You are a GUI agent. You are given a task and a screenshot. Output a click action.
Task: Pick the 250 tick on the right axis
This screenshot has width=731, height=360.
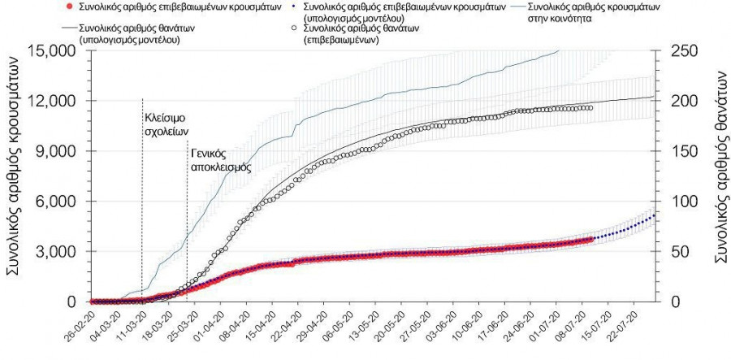(x=681, y=51)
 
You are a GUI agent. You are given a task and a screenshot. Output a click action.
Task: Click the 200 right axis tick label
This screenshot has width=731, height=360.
(x=681, y=102)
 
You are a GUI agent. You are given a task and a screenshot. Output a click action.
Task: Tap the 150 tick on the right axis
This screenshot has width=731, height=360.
(x=681, y=152)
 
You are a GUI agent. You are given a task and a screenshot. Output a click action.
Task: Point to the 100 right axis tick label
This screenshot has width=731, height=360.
(x=681, y=202)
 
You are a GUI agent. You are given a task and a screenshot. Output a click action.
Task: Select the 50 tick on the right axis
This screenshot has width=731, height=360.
(x=677, y=252)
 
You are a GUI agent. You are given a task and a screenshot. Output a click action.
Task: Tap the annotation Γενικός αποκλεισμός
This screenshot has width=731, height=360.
(x=219, y=159)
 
